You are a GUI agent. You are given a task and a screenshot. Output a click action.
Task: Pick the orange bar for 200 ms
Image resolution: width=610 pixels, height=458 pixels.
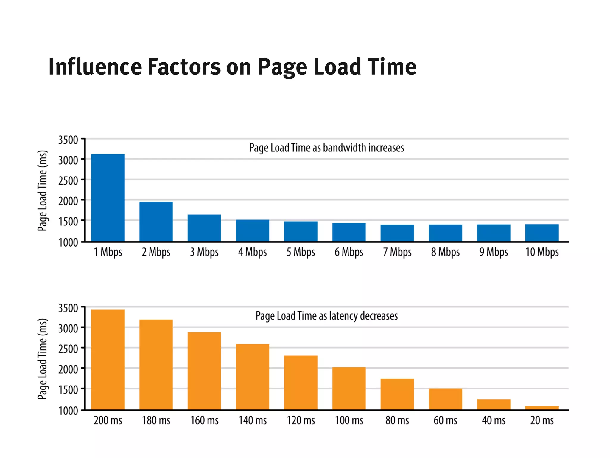click(x=108, y=359)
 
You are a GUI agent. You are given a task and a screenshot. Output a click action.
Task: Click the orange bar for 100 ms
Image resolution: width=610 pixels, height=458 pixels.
click(x=349, y=388)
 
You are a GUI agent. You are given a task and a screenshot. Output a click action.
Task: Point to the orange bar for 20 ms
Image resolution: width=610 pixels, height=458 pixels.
click(x=541, y=408)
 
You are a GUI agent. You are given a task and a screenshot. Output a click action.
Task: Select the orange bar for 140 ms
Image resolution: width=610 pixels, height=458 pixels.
click(x=252, y=377)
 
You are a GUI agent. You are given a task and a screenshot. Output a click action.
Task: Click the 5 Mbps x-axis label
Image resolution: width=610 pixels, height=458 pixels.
click(x=301, y=252)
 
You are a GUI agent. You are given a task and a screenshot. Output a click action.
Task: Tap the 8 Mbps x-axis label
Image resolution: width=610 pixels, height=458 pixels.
click(x=445, y=252)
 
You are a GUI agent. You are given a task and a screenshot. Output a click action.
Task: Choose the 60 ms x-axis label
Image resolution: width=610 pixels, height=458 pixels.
click(x=445, y=420)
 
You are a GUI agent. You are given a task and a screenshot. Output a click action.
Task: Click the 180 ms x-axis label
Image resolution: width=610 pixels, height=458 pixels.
click(x=156, y=420)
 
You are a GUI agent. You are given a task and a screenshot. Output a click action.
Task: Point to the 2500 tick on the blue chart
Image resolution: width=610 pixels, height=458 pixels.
click(x=68, y=180)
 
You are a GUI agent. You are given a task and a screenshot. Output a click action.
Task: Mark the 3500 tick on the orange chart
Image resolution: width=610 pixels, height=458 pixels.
click(x=68, y=308)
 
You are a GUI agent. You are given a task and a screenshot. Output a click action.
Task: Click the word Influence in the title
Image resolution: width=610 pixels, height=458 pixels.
click(x=95, y=67)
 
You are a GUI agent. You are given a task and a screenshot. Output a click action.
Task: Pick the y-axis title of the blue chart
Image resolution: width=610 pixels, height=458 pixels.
click(x=43, y=191)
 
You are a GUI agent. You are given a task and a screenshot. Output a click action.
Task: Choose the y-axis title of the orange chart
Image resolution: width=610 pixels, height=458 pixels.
click(x=43, y=359)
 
